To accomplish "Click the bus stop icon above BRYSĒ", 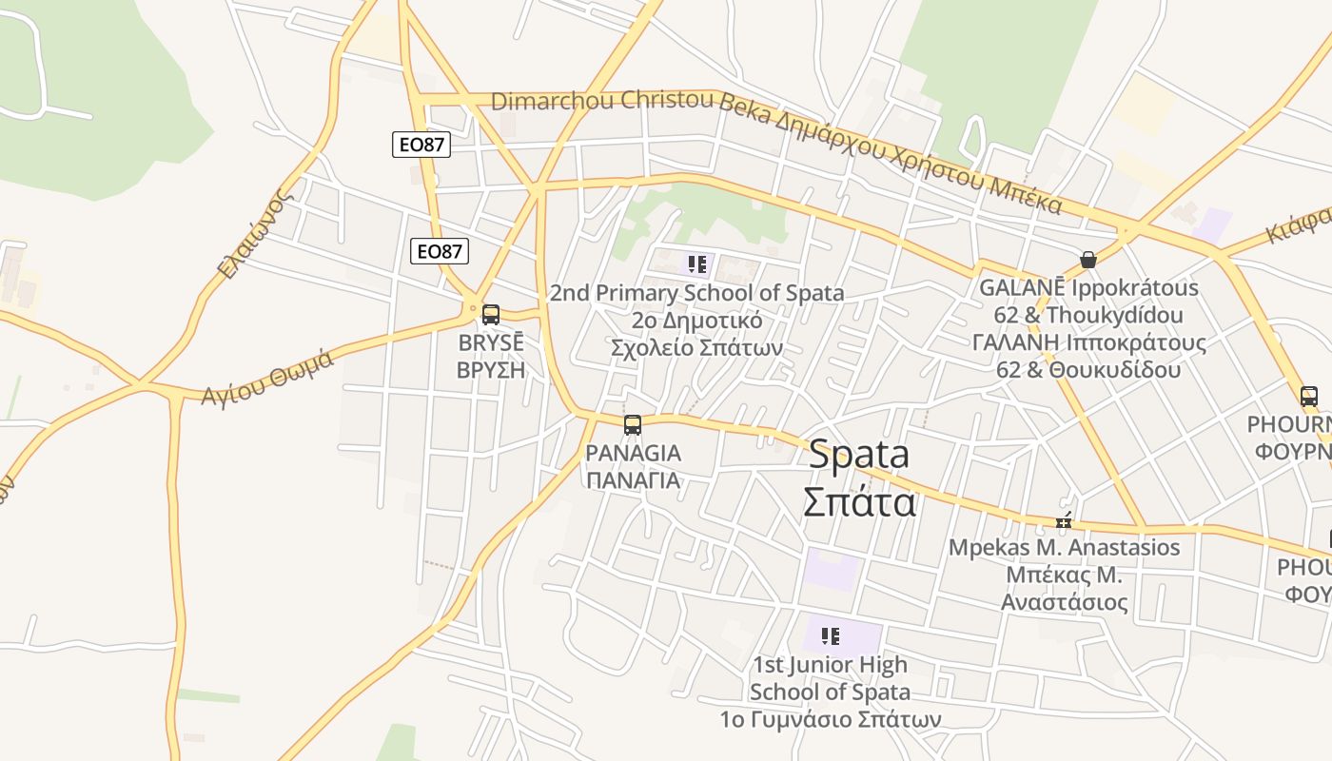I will [x=491, y=315].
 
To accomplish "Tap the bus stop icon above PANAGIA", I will [x=633, y=425].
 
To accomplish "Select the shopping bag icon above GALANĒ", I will [x=1088, y=260].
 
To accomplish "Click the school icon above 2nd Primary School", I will [x=697, y=263].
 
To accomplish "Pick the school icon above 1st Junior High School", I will [x=831, y=635].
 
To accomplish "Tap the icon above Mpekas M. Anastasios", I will [x=1064, y=521].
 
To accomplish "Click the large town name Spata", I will [x=859, y=455].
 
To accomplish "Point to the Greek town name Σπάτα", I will [x=859, y=501].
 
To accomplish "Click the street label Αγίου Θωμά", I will [x=267, y=377].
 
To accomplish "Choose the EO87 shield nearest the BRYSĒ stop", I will [x=440, y=251].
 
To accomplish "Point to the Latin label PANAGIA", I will [x=634, y=453].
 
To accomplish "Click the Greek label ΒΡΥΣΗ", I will [x=491, y=370].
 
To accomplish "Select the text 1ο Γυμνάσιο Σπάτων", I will [x=831, y=718].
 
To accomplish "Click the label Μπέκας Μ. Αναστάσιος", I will [x=1065, y=589].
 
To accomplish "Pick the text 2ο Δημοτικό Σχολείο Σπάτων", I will [x=696, y=334].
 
